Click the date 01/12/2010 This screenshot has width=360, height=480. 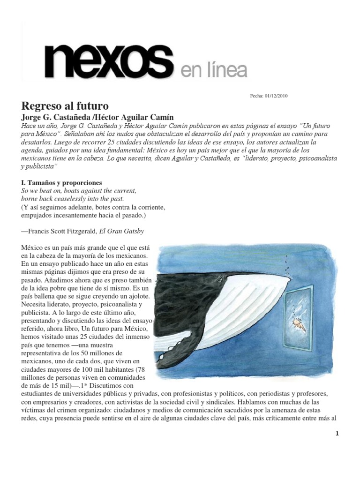[276, 96]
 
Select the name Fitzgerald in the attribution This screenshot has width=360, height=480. [87, 230]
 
